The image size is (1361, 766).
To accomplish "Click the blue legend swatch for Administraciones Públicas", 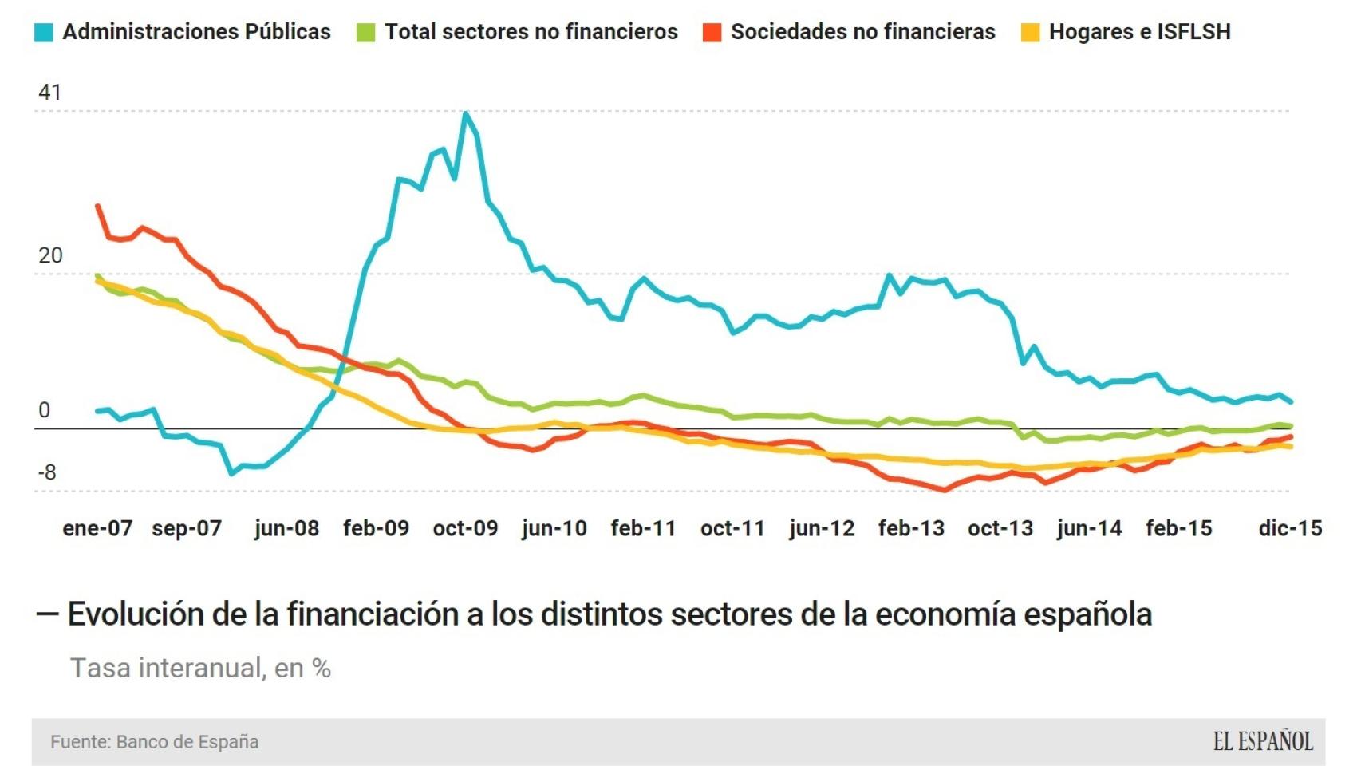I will pos(44,33).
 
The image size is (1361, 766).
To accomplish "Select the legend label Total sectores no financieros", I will pos(531,32).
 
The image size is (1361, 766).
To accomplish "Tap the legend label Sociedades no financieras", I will pos(862,32).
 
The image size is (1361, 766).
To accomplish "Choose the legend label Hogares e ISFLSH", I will pos(1139,32).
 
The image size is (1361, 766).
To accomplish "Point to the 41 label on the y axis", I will pos(49,93).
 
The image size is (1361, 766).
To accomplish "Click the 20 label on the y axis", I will pos(49,255).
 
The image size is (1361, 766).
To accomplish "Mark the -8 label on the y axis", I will pos(48,472).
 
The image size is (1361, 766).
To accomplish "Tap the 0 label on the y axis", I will pos(44,410).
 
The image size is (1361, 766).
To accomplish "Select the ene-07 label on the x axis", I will pos(97,528).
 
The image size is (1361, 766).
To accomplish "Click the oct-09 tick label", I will pos(465,528).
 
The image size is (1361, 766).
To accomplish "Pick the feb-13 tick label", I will pos(911,528).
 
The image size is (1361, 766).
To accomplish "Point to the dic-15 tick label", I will pos(1290,528).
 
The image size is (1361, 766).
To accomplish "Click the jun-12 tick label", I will pos(822,528).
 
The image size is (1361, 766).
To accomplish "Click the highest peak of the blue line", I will pos(465,113).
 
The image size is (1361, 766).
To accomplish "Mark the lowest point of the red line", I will pos(945,490).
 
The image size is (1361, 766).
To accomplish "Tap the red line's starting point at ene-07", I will pos(97,206).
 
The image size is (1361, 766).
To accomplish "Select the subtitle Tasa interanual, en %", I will pos(200,668).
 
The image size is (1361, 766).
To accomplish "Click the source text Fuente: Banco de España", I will pos(154,742).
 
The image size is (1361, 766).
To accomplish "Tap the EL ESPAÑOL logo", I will pos(1262,742).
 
